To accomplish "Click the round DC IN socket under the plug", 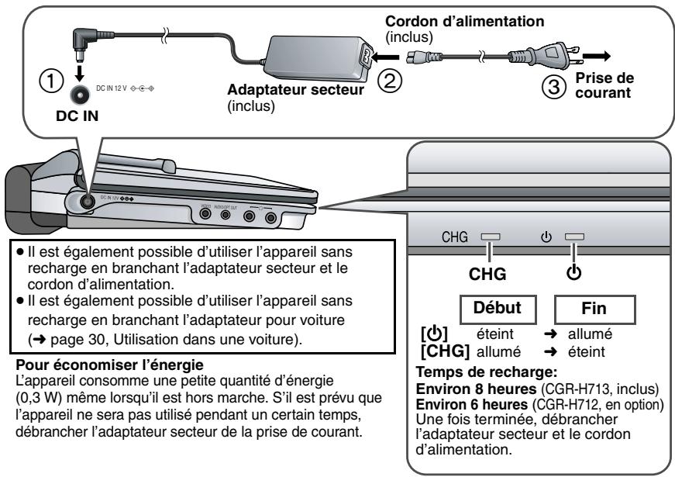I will [79, 95].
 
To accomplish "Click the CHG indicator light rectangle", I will [492, 235].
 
